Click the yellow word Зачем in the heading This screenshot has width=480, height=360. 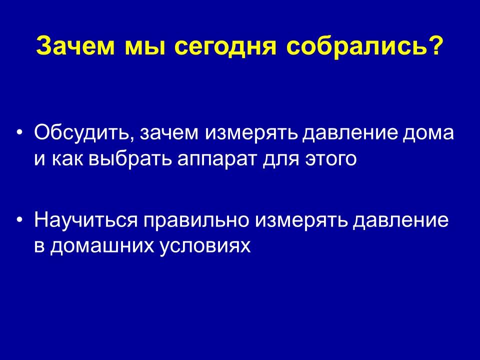(x=75, y=46)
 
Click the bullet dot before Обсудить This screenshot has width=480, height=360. (x=20, y=133)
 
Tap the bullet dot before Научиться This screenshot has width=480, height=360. (x=20, y=220)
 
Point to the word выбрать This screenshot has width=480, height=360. (x=130, y=159)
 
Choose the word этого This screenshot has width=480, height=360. (x=330, y=160)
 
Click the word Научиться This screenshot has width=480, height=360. (x=86, y=220)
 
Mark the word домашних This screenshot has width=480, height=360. (x=102, y=246)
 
